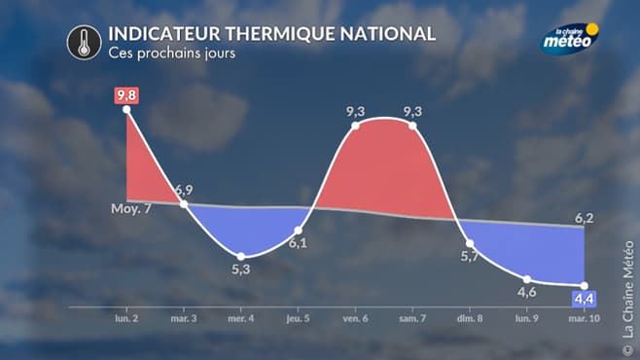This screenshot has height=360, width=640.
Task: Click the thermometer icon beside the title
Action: pos(85,42)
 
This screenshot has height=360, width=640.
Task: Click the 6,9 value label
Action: pos(185,188)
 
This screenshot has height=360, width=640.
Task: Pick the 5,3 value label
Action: pos(241,270)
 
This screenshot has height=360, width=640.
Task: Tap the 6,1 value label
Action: pos(299,243)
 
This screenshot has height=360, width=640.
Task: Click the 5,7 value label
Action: pos(470,256)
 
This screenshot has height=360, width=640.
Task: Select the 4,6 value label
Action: pos(527,291)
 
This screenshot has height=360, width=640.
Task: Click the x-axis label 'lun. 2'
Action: pos(127,318)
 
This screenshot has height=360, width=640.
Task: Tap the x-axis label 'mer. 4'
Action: pos(241,318)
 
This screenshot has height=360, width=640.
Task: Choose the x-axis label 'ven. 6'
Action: pos(356,318)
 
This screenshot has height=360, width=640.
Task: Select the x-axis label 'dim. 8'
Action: pos(470,318)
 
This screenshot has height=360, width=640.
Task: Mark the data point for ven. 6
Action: pos(356,126)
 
